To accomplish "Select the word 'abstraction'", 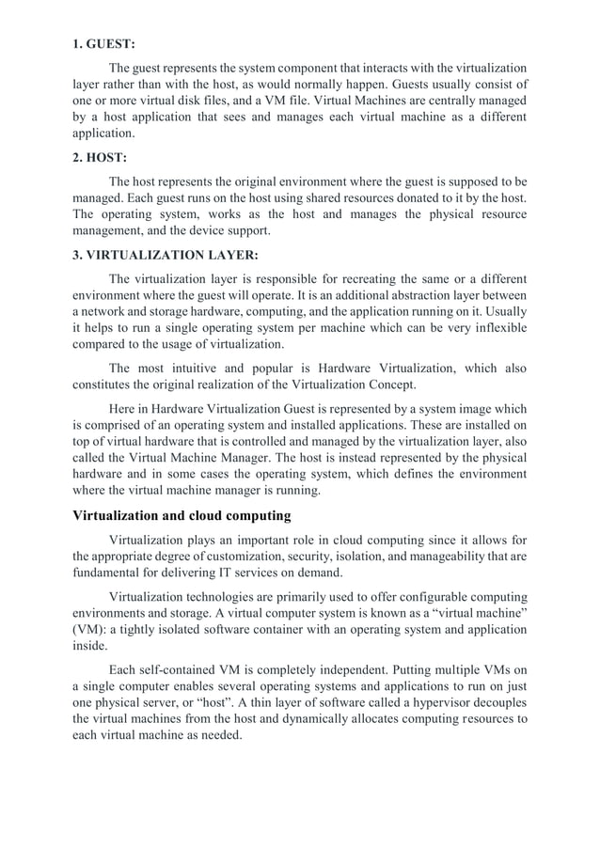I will [x=446, y=295].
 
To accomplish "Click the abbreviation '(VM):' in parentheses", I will [x=90, y=630].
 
